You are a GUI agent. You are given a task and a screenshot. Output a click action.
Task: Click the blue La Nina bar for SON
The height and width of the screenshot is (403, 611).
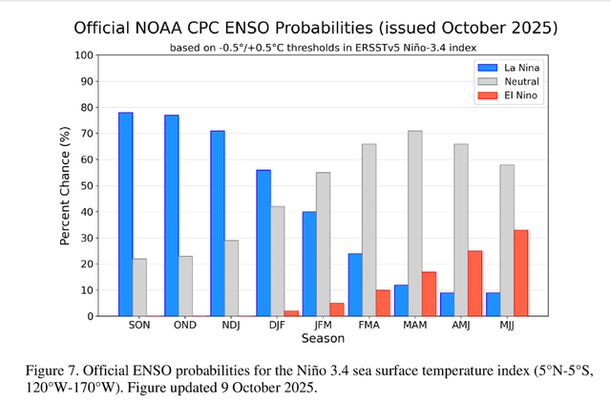pos(126,214)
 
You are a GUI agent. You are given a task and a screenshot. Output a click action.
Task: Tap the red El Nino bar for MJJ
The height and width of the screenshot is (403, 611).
pos(520,272)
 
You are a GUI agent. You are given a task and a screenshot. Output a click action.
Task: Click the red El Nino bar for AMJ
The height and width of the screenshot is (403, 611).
pos(474,283)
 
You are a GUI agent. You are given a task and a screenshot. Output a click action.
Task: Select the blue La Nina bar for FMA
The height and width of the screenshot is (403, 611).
pos(355,285)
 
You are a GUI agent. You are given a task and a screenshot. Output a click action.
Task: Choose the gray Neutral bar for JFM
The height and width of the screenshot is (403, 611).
pos(323,244)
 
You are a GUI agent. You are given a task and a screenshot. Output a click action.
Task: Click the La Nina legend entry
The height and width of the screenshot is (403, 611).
pos(507,67)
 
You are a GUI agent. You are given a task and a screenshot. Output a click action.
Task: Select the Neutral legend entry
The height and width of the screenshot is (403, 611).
pos(507,82)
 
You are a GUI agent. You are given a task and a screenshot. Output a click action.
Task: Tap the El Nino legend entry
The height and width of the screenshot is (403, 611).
pos(507,97)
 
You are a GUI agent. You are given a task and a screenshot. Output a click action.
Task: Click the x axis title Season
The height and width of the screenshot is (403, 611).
pos(323,338)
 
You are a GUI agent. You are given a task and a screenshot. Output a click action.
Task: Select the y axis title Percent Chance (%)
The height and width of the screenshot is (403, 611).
pos(65,185)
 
